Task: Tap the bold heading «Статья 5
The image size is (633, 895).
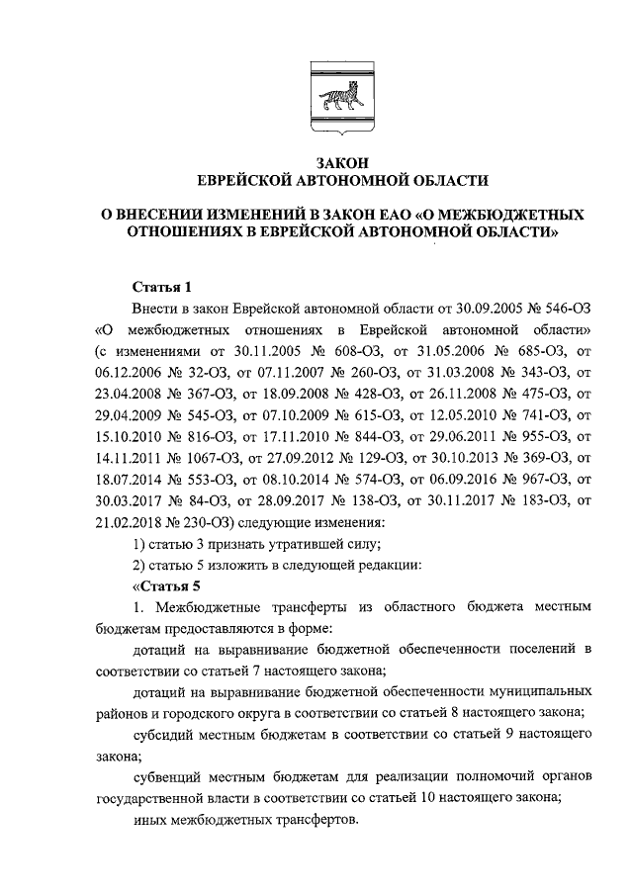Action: coord(155,585)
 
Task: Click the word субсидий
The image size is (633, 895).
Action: coord(165,735)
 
